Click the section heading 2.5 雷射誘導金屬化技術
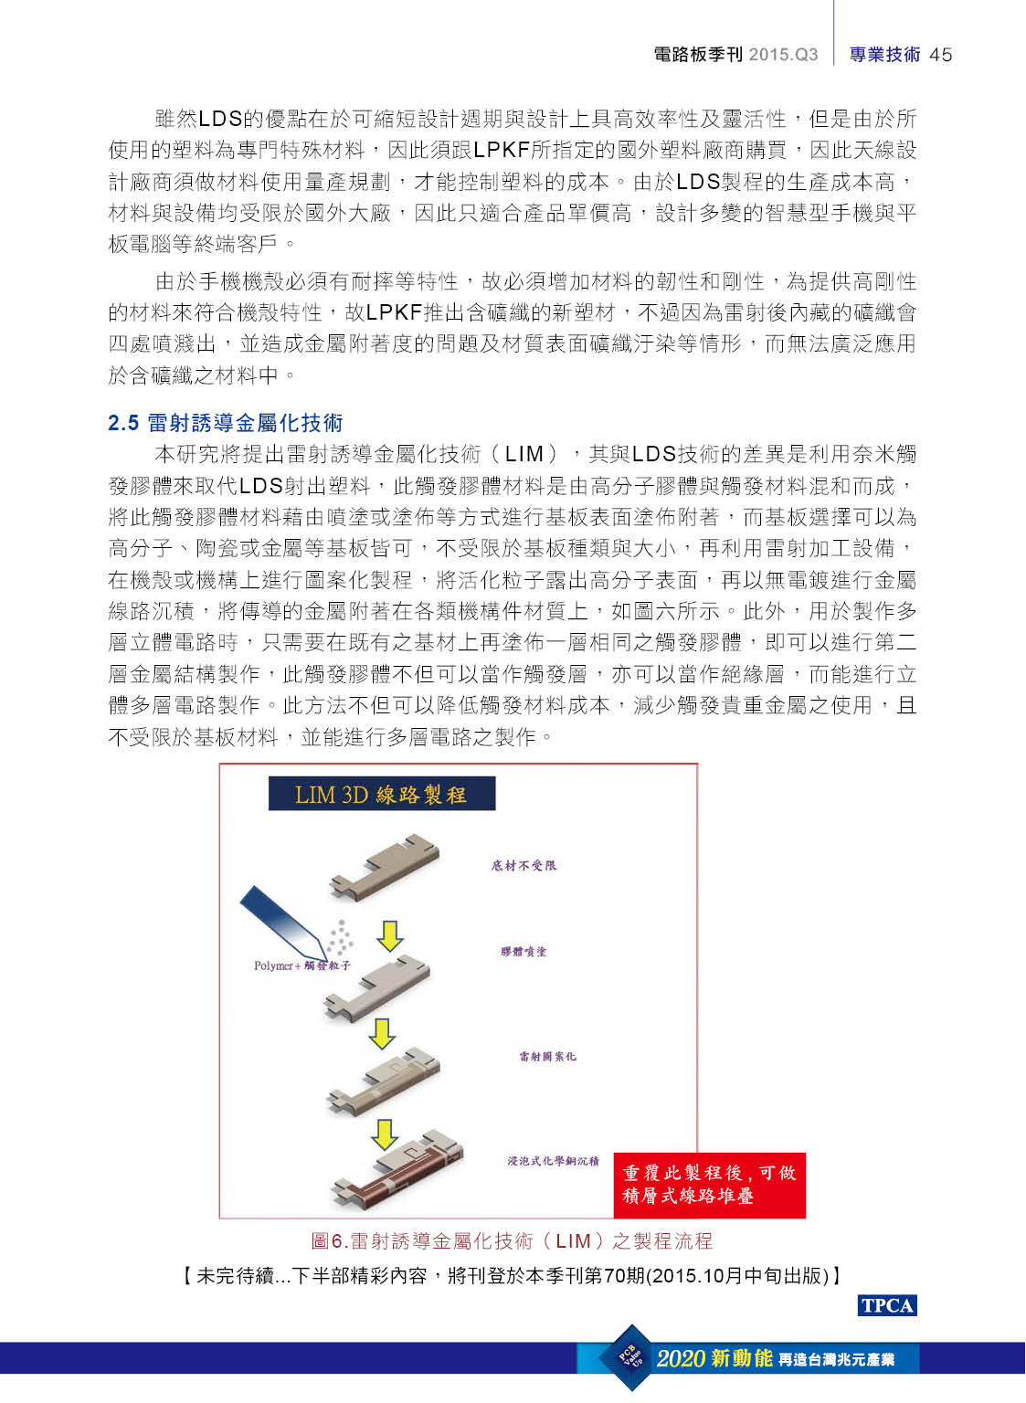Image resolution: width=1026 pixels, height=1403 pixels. tap(225, 423)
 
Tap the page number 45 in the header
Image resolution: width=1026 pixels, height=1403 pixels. tap(940, 55)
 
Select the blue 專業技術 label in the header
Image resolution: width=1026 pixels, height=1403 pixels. tap(884, 55)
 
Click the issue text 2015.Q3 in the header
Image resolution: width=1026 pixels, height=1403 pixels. tap(783, 55)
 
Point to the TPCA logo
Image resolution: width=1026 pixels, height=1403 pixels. tap(886, 1305)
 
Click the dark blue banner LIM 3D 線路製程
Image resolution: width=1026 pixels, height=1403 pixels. tap(382, 793)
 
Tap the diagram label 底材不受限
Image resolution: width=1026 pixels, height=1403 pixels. tap(524, 866)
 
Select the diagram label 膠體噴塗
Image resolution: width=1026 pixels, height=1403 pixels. tap(523, 952)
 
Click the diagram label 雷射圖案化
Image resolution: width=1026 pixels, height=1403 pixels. tap(547, 1057)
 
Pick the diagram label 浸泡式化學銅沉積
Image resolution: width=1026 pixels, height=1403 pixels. tap(553, 1161)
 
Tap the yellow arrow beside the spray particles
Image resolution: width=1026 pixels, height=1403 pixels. tap(389, 936)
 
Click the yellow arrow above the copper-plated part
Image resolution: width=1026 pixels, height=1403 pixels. tap(384, 1134)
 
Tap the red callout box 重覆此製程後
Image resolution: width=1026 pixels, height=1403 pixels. tap(709, 1185)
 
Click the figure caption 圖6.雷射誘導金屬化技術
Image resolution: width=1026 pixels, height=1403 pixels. tap(512, 1240)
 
